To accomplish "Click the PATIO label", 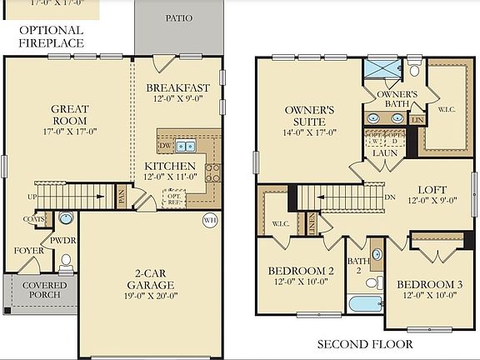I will (x=178, y=17).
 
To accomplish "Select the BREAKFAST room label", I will (x=177, y=87).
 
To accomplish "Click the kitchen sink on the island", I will (x=186, y=147).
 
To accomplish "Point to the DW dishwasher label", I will (x=166, y=146).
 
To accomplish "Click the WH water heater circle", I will (x=209, y=220).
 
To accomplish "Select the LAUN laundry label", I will (x=384, y=153).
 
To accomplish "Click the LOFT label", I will (x=432, y=189).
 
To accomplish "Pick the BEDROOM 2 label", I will (x=301, y=276).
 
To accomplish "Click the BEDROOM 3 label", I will (x=429, y=290).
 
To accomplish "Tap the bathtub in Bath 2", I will (x=365, y=302).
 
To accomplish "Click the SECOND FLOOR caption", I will (x=364, y=343).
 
